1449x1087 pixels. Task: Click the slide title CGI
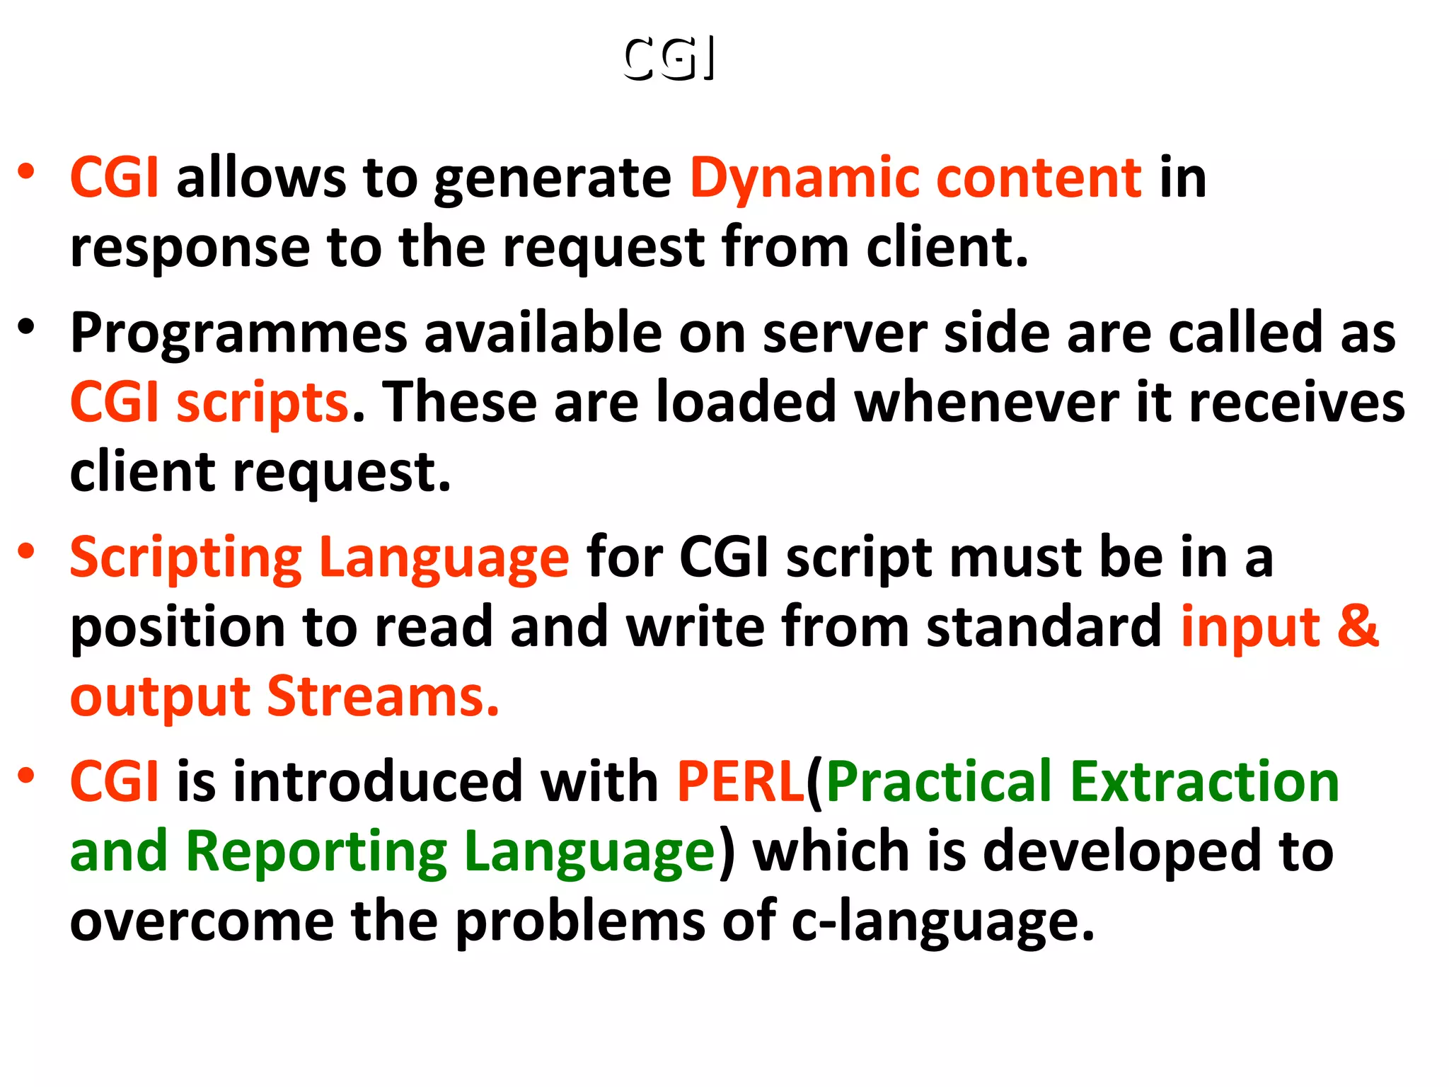coord(669,58)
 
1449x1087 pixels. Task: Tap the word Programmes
coord(238,333)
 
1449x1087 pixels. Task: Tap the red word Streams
coord(383,696)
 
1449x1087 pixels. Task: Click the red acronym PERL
coord(740,782)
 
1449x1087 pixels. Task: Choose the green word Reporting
coord(316,852)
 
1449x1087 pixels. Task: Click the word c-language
coord(942,921)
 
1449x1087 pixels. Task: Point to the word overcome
coord(202,921)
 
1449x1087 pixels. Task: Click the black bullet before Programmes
coord(26,327)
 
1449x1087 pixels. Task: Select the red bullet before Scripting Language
coord(26,551)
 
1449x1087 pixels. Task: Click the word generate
coord(552,180)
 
